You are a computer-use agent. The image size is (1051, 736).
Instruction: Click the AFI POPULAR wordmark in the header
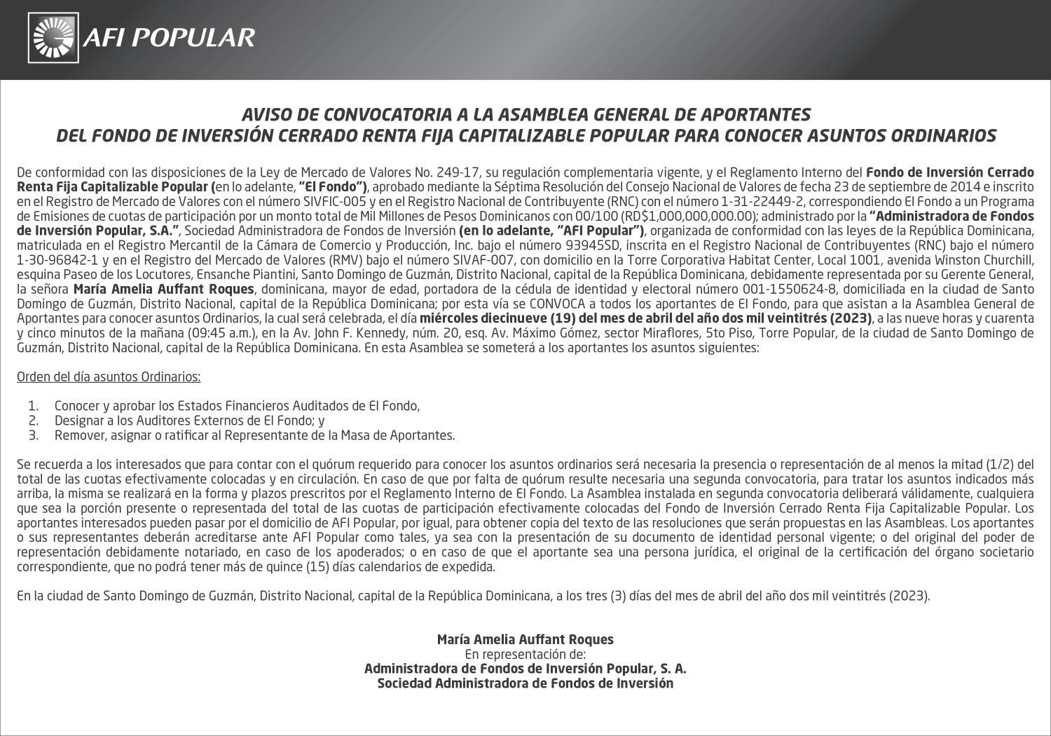point(169,37)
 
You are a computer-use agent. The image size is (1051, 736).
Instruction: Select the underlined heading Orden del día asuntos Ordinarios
point(109,377)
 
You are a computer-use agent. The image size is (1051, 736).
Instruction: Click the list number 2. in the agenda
point(33,421)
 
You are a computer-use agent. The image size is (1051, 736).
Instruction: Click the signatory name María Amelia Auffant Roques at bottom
point(525,639)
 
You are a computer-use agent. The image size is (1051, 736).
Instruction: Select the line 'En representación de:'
point(525,654)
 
